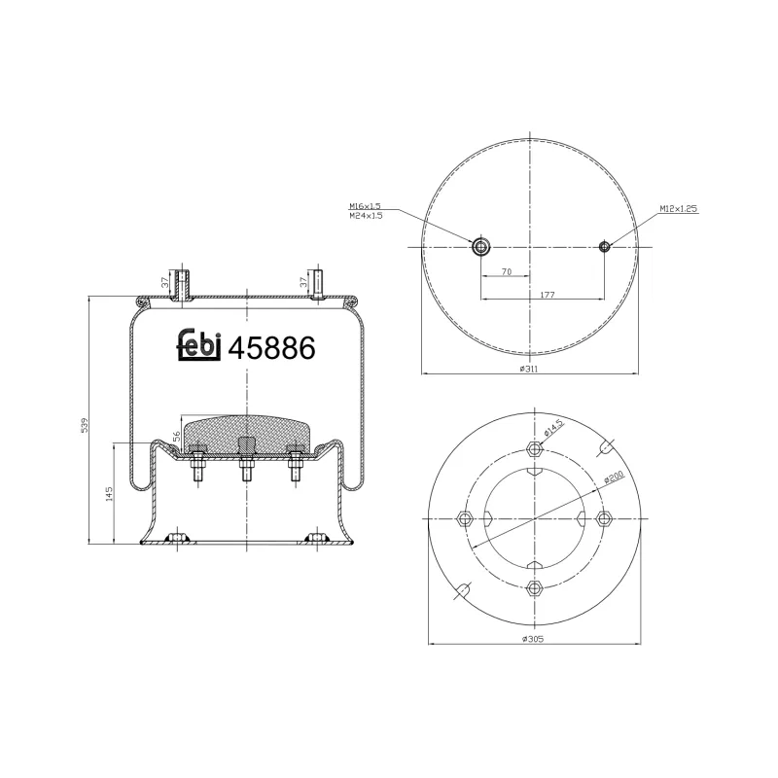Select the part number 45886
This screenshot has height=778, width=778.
pos(271,347)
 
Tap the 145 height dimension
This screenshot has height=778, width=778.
pos(111,494)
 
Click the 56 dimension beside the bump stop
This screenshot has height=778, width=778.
pos(176,439)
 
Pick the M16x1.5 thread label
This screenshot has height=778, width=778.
pos(366,206)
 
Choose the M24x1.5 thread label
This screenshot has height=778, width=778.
pos(366,216)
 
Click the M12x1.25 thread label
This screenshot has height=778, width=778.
pos(679,208)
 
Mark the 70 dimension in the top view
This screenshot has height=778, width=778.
pos(507,272)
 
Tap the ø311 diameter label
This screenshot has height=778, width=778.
pos(529,369)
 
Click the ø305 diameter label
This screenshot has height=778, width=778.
pos(531,638)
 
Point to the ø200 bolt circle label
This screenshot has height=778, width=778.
pos(613,477)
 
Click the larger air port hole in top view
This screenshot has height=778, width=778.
pos(481,247)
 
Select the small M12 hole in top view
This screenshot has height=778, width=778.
pos(605,247)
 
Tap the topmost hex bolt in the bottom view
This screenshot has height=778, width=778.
pos(533,449)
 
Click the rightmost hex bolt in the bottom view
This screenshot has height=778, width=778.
pos(603,517)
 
